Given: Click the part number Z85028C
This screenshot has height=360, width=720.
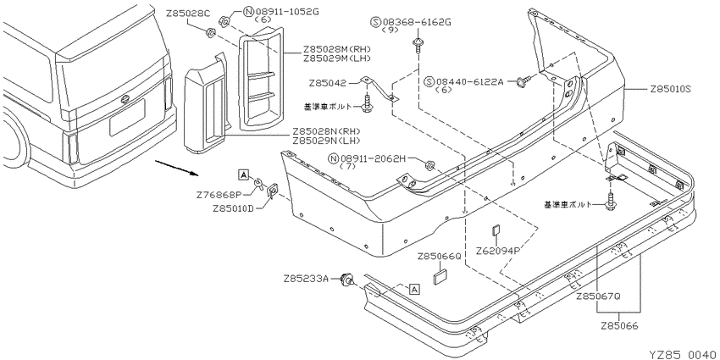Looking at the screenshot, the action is pyautogui.click(x=188, y=14).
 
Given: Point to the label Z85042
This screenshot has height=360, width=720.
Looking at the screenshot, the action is pyautogui.click(x=328, y=83).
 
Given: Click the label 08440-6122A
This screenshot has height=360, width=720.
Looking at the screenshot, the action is pyautogui.click(x=470, y=82).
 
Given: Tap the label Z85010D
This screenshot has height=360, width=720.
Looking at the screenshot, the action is pyautogui.click(x=234, y=208).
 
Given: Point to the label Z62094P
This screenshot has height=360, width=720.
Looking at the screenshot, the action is pyautogui.click(x=498, y=252).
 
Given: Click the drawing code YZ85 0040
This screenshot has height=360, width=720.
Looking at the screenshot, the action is pyautogui.click(x=683, y=354).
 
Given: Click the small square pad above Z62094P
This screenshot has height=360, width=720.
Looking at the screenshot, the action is pyautogui.click(x=496, y=230).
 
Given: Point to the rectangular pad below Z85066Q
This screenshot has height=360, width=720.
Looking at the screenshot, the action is pyautogui.click(x=440, y=277).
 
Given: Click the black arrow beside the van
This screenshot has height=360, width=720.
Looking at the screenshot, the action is pyautogui.click(x=176, y=168).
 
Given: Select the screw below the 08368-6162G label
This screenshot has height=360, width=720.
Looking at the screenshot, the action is pyautogui.click(x=418, y=46).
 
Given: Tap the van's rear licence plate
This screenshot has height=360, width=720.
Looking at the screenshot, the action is pyautogui.click(x=127, y=117).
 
